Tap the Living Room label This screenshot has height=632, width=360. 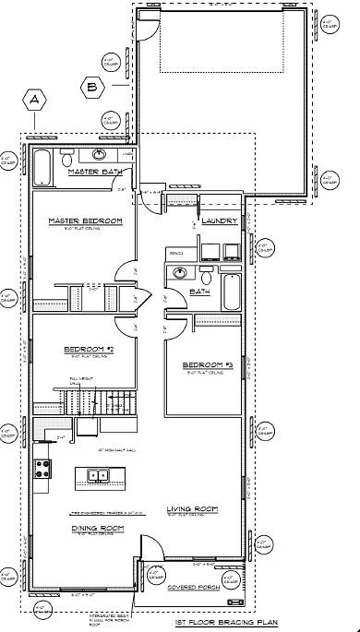pos(191,509)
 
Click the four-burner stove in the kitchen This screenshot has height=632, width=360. pos(42,468)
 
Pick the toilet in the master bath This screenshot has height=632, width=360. pos(66,160)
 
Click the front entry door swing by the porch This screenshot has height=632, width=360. pos(147,573)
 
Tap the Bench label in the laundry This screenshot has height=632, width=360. pos(175,250)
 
